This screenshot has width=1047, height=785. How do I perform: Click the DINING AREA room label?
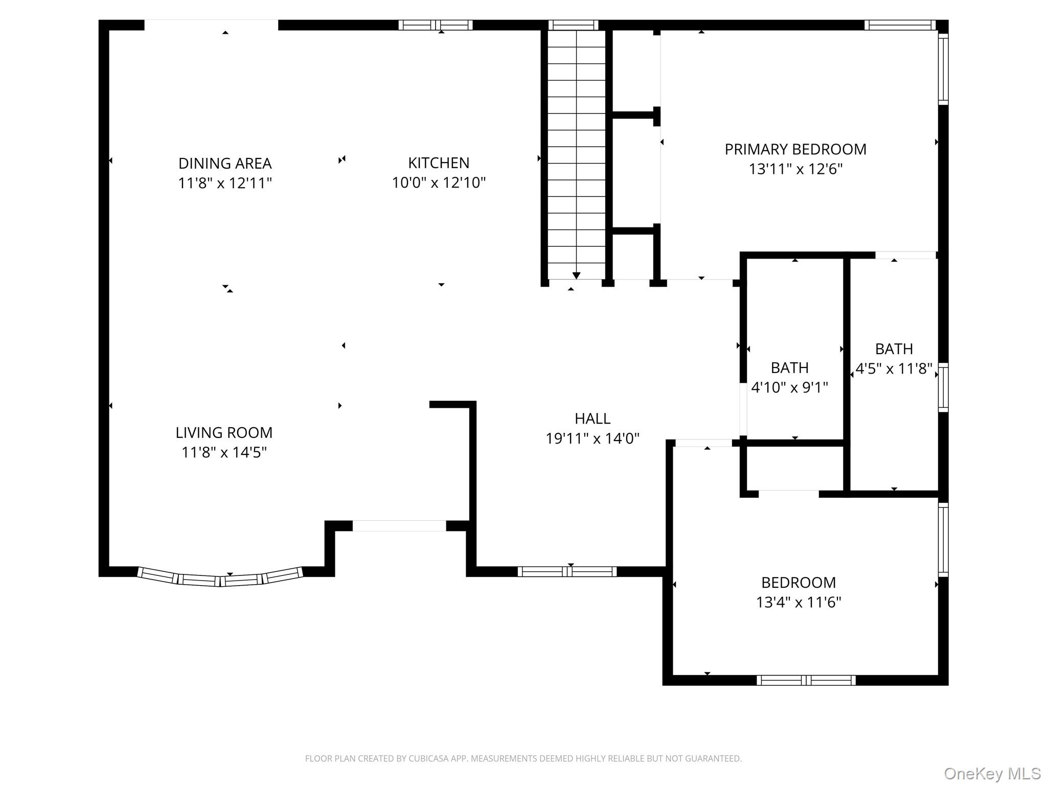(225, 164)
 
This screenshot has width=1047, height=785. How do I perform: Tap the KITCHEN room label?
(439, 163)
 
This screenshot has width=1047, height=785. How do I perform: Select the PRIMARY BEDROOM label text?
(795, 149)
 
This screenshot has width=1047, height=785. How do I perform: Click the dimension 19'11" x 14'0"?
(593, 438)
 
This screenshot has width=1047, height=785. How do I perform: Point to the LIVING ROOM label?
(224, 433)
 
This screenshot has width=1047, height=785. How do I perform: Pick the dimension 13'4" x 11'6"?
(799, 602)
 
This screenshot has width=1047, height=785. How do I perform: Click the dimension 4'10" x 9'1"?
(789, 387)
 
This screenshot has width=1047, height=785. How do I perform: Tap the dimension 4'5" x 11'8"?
(894, 368)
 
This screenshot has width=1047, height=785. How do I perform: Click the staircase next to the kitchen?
(576, 153)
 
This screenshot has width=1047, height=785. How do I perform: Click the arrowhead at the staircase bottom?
(576, 276)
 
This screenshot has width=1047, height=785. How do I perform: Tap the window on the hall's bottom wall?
(567, 572)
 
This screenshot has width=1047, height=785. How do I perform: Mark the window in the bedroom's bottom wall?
(806, 680)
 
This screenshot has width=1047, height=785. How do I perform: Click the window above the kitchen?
(435, 25)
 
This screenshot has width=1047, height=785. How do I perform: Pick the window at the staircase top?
(573, 25)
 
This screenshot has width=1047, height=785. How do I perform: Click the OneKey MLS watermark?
(992, 774)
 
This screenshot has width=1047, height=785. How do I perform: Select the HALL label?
(593, 419)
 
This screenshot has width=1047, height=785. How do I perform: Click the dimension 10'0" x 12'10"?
(439, 182)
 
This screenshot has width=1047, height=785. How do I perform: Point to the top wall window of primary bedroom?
(900, 25)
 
